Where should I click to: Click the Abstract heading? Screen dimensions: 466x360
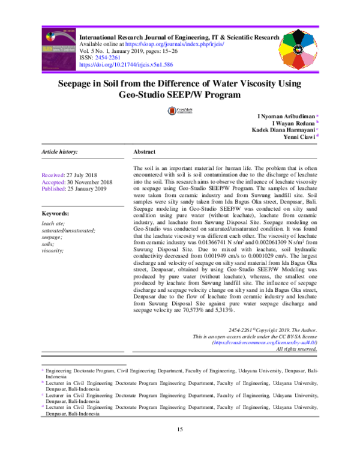pyautogui.click(x=145, y=153)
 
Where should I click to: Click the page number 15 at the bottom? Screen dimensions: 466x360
pyautogui.click(x=179, y=429)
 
